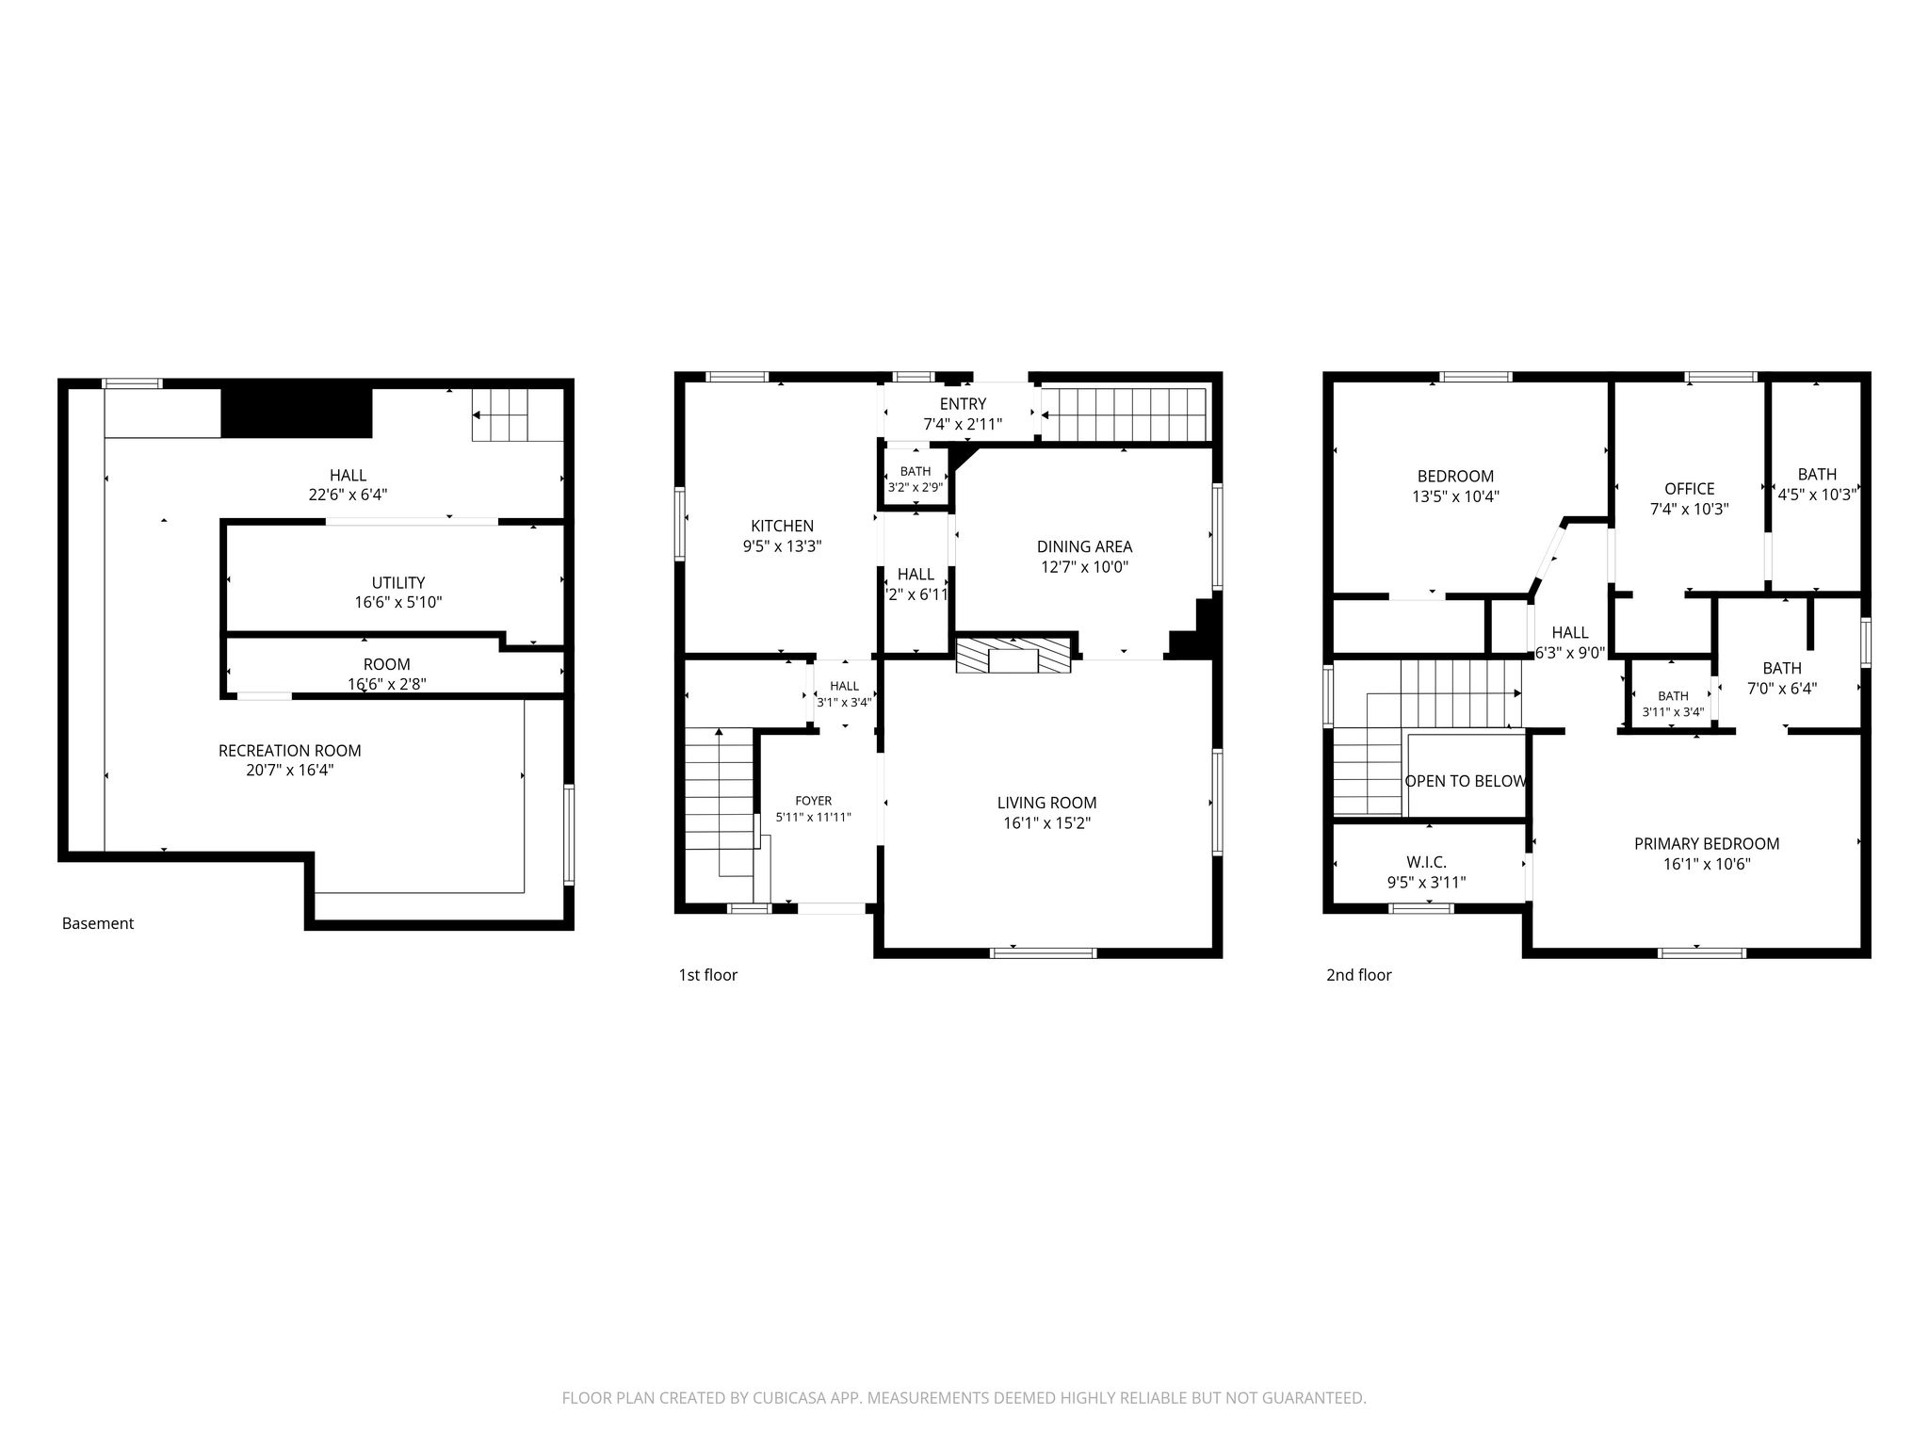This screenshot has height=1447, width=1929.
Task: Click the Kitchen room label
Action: click(x=782, y=526)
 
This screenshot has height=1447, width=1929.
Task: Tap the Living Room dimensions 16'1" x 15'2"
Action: click(x=1046, y=823)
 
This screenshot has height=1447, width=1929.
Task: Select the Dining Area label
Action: click(x=1084, y=546)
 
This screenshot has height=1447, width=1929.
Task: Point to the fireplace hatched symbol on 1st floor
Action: click(x=1013, y=655)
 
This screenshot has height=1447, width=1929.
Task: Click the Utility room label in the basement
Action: click(x=398, y=582)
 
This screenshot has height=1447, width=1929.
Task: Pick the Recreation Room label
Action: click(x=290, y=751)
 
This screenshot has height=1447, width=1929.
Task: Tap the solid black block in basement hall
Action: click(x=297, y=413)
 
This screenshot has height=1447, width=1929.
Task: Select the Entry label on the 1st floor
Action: click(x=963, y=404)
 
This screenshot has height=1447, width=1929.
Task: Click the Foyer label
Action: click(x=813, y=801)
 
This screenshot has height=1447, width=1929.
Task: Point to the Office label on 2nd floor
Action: click(x=1689, y=489)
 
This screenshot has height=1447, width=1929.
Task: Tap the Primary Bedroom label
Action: click(x=1707, y=844)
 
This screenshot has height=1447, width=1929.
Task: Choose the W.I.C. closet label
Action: click(x=1426, y=862)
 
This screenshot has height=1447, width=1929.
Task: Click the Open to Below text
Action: click(x=1466, y=781)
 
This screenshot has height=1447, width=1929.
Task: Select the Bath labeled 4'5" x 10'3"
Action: click(x=1817, y=484)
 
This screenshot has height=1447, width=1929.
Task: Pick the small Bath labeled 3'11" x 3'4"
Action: click(x=1673, y=704)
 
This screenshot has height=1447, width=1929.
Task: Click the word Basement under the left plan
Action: click(x=98, y=923)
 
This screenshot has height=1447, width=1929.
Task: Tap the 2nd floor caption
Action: click(x=1358, y=975)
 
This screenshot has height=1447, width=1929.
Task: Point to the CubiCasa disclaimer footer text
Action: click(x=964, y=1398)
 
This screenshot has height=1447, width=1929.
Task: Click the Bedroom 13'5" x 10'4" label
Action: click(x=1455, y=486)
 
